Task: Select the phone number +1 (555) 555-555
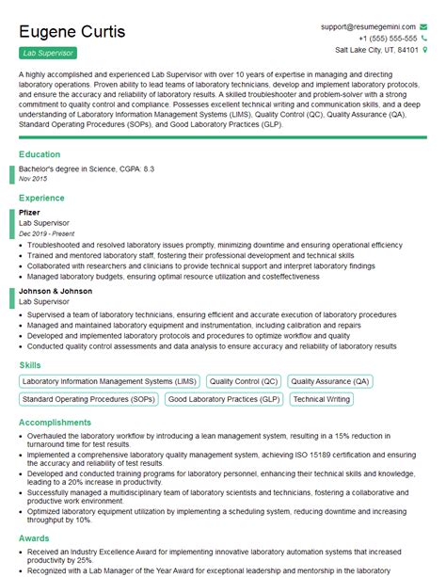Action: [x=389, y=39]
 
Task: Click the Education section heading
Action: [x=40, y=153]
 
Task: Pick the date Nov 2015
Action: [x=32, y=179]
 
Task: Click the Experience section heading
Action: [x=42, y=199]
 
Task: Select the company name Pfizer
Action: [x=29, y=214]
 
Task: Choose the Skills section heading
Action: [x=30, y=364]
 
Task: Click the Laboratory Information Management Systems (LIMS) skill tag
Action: [x=109, y=381]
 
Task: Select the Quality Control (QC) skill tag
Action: [x=244, y=381]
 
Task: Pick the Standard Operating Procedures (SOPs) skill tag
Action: [x=88, y=399]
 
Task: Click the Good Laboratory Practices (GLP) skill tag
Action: [x=224, y=399]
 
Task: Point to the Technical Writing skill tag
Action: [x=322, y=399]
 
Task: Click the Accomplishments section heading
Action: [x=55, y=423]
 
